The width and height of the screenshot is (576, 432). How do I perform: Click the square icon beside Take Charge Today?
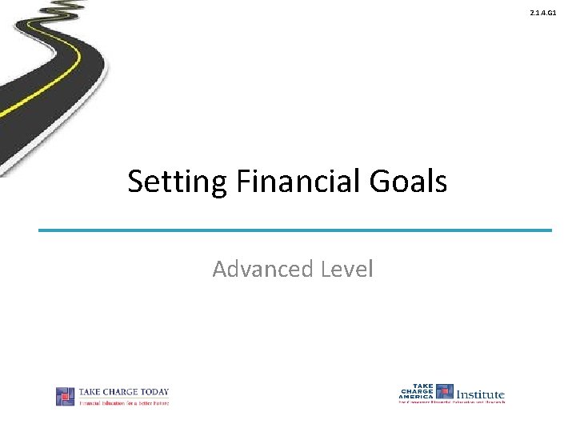point(65,396)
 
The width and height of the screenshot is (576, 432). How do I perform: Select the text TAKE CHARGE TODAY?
point(123,392)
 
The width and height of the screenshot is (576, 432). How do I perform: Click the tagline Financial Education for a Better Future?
point(123,402)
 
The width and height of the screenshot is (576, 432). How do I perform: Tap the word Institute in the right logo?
point(480,394)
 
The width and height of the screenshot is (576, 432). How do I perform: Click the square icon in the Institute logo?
point(445,391)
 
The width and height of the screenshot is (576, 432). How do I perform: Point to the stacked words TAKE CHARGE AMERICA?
point(416,391)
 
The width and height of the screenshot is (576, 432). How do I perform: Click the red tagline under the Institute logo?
point(452,402)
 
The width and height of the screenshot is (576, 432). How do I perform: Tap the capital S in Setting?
point(135,182)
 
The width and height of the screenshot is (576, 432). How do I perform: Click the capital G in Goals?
point(377,182)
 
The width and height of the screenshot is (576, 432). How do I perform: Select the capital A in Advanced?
point(220,269)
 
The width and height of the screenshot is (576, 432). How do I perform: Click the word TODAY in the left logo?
point(154,392)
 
